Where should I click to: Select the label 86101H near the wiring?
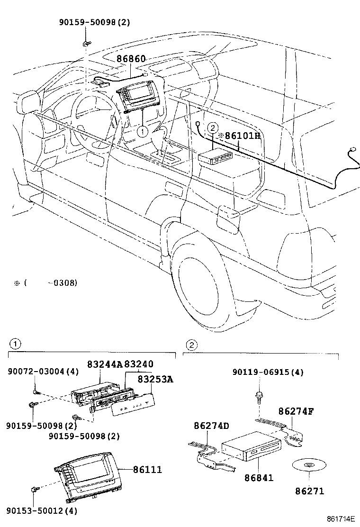point(240,136)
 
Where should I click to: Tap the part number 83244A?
point(105,364)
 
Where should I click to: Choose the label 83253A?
point(156,380)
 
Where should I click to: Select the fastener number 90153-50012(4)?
point(42,511)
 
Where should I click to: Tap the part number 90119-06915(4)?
point(268,373)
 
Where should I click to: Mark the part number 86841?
point(259,478)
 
